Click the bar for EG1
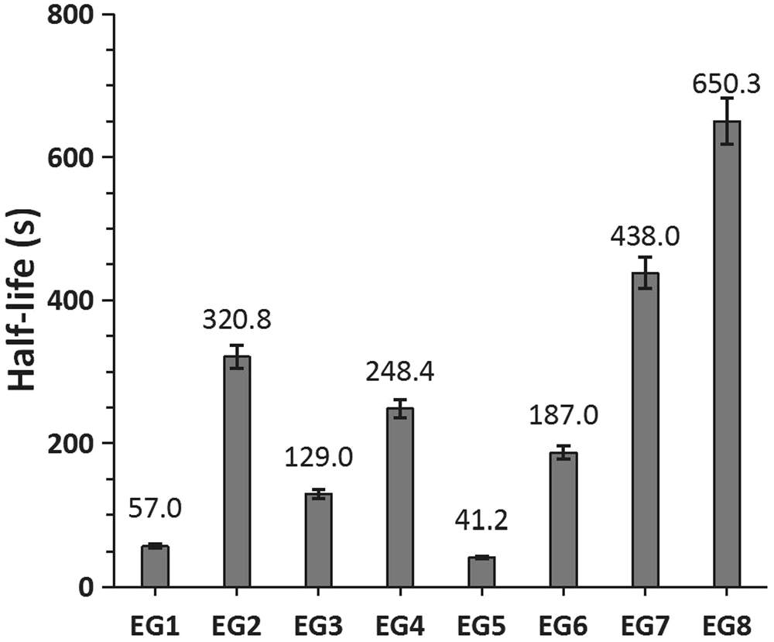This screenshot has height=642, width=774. pyautogui.click(x=155, y=566)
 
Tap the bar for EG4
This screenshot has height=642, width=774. pyautogui.click(x=400, y=497)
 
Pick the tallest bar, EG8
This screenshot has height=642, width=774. pyautogui.click(x=727, y=354)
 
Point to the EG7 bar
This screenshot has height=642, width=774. pyautogui.click(x=646, y=430)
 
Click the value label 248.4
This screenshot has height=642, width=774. pyautogui.click(x=400, y=372)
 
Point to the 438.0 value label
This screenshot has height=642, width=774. pyautogui.click(x=646, y=235)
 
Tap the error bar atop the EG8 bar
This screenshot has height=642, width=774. pyautogui.click(x=727, y=120)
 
